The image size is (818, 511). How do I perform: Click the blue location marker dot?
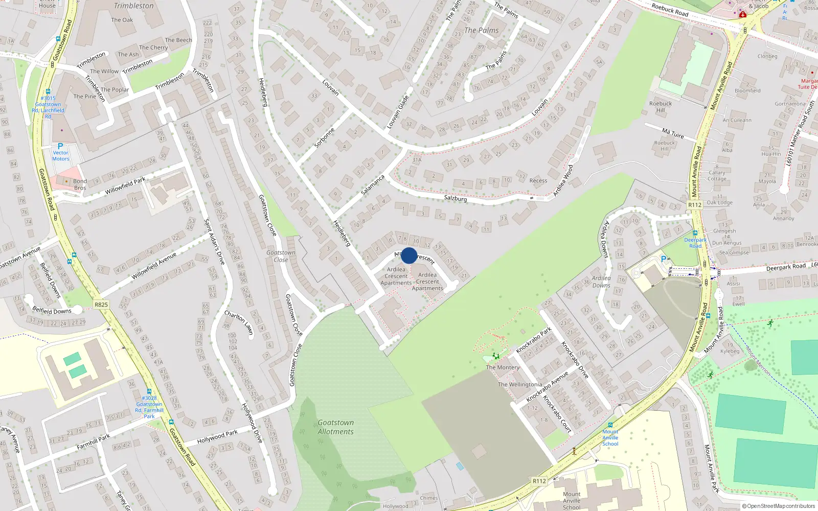(409, 255)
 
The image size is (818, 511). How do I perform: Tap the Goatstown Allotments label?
(335, 427)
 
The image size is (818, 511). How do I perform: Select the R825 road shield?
(101, 305)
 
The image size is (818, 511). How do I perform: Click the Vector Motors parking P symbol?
(60, 146)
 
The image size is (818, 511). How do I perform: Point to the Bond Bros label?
(80, 184)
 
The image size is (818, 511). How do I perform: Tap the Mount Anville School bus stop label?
(610, 438)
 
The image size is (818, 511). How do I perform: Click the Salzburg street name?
(455, 198)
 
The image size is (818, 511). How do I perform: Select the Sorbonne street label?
(324, 138)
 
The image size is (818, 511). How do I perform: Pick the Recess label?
(538, 181)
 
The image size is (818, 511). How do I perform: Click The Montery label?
(503, 367)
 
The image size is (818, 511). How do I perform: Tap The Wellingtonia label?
(519, 385)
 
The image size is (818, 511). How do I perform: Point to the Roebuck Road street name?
(670, 10)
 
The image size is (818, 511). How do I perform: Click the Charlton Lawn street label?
(239, 322)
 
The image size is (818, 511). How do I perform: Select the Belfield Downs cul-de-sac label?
(52, 311)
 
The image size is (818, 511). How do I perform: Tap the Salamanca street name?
(373, 185)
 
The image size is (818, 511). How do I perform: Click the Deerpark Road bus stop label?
(695, 243)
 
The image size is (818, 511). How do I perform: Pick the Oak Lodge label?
(719, 203)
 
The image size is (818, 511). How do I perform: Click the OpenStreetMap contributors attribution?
(778, 506)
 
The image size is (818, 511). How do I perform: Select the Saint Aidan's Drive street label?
(214, 241)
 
